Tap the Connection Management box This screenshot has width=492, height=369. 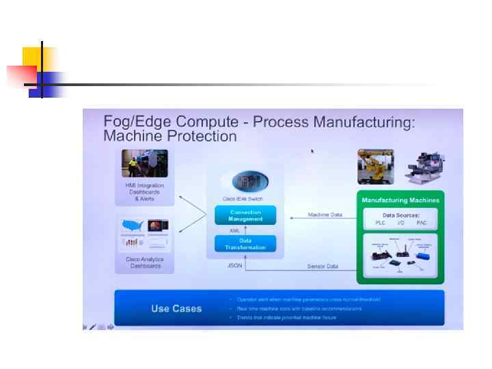245,215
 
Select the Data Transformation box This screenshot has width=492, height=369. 245,243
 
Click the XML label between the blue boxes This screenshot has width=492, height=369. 234,230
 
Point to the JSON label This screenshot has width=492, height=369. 235,265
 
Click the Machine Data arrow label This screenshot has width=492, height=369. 325,215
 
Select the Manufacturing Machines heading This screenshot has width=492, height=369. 400,200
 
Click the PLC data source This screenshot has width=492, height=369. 380,223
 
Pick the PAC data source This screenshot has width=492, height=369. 421,223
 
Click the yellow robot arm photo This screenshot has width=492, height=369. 375,167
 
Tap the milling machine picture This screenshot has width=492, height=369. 421,167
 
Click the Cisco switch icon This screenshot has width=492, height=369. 245,181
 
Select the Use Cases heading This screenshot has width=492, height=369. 176,309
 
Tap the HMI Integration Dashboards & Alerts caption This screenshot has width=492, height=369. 144,192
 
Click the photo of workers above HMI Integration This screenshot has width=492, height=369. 144,164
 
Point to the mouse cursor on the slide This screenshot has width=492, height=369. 313,151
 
